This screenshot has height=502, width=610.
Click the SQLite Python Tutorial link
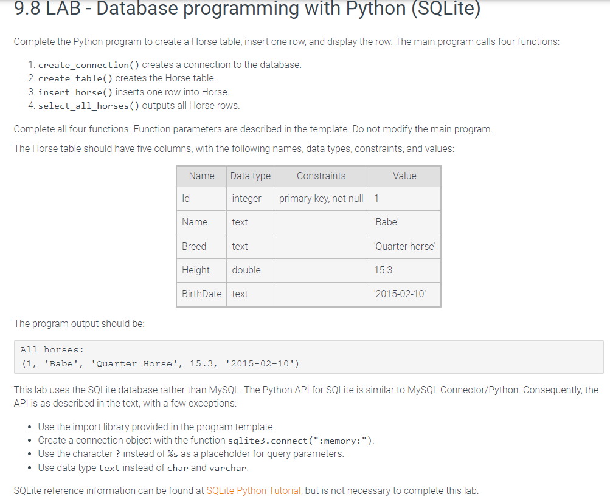pyautogui.click(x=253, y=491)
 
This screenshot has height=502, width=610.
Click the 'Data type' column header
pyautogui.click(x=251, y=176)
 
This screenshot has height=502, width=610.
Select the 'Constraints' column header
pyautogui.click(x=321, y=176)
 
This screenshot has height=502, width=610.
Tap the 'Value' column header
pyautogui.click(x=404, y=176)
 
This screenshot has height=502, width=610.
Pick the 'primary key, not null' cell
pyautogui.click(x=321, y=198)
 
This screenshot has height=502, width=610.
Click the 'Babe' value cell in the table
pyautogui.click(x=386, y=222)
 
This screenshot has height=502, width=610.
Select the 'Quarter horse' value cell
pyautogui.click(x=404, y=246)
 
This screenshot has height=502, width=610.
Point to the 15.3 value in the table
pyautogui.click(x=384, y=270)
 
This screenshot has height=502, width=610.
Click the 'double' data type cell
pyautogui.click(x=246, y=270)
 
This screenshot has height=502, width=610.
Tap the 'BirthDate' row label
pyautogui.click(x=202, y=294)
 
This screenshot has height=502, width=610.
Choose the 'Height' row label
pyautogui.click(x=196, y=270)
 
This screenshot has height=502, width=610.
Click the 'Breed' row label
pyautogui.click(x=194, y=246)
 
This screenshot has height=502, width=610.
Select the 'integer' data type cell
pyautogui.click(x=246, y=198)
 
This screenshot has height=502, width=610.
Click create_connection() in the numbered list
pyautogui.click(x=89, y=65)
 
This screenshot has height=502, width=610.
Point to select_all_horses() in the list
pyautogui.click(x=89, y=106)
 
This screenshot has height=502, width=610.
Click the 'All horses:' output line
pyautogui.click(x=52, y=349)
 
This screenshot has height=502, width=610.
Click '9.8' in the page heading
pyautogui.click(x=29, y=8)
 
